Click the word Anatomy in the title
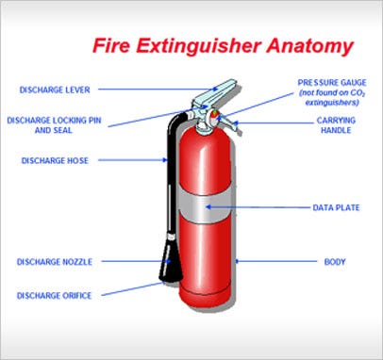[310, 46]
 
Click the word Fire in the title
[111, 45]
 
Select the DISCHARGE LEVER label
[55, 90]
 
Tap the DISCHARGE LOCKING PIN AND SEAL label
[54, 125]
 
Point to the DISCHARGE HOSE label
[55, 161]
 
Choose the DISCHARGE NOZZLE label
[55, 262]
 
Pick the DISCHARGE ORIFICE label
[54, 296]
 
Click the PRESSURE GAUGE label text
[332, 83]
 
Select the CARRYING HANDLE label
[336, 125]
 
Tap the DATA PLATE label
[336, 207]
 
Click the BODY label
[335, 262]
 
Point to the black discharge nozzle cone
[171, 259]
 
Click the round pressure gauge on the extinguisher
[213, 116]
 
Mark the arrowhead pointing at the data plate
[208, 207]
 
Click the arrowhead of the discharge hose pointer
[165, 160]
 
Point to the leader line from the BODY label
[276, 261]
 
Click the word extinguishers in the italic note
[332, 103]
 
